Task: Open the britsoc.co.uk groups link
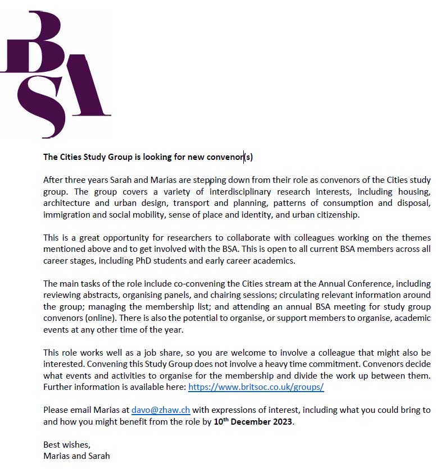pyautogui.click(x=256, y=388)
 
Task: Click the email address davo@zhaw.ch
pyautogui.click(x=161, y=410)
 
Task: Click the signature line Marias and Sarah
pyautogui.click(x=76, y=456)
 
